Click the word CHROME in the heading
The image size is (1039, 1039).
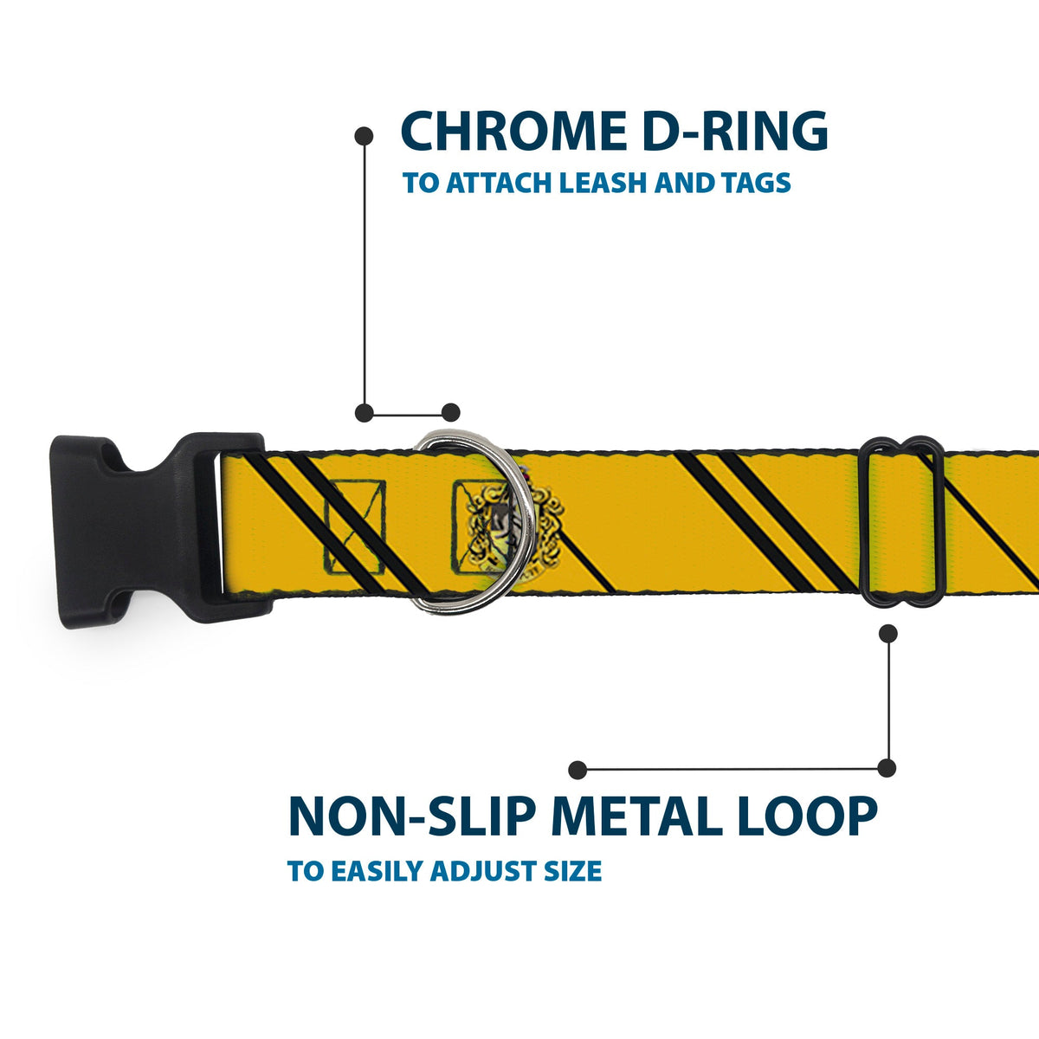click(x=513, y=132)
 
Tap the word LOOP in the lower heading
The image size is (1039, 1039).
click(x=807, y=816)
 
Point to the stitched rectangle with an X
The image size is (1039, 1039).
click(x=353, y=528)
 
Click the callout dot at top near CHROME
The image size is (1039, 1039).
click(x=365, y=136)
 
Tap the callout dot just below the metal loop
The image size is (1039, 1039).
click(x=887, y=634)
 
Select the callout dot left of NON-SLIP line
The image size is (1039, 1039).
click(x=578, y=770)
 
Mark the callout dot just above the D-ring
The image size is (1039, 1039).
click(x=450, y=412)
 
